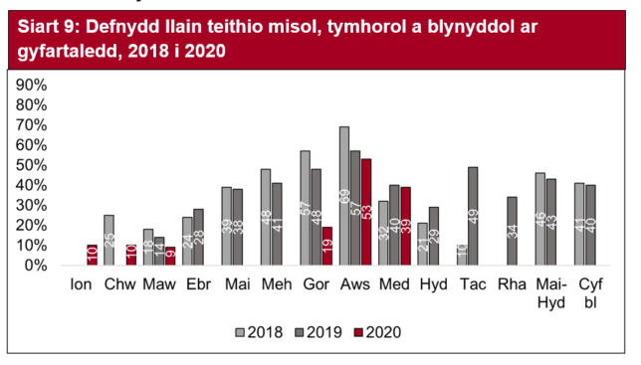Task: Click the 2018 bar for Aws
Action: coord(344,196)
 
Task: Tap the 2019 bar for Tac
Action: coord(473,216)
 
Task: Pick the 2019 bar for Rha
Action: coord(513,231)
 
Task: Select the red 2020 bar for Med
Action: coord(404,226)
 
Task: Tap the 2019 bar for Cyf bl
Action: coord(590,225)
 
